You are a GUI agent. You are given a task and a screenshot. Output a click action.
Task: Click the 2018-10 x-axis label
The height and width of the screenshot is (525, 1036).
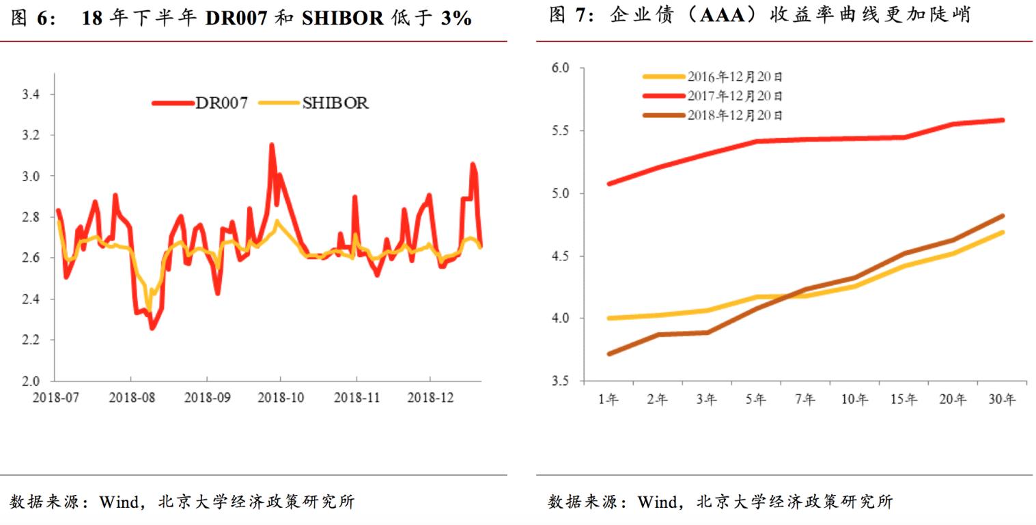(281, 396)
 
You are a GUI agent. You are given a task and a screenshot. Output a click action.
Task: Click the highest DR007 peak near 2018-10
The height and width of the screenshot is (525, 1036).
(272, 145)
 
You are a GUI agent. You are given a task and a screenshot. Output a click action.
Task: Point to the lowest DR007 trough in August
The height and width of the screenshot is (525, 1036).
(152, 327)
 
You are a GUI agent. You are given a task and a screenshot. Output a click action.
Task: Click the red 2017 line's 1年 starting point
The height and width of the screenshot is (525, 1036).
(608, 183)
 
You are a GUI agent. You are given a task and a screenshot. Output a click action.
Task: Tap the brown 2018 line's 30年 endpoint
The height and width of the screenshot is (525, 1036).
(1002, 216)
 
